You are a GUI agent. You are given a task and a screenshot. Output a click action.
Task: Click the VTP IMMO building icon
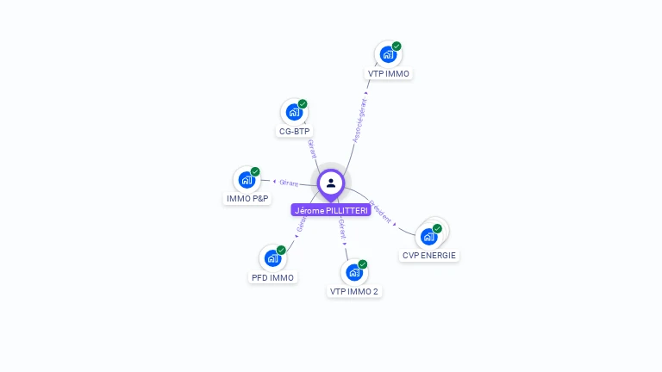(388, 54)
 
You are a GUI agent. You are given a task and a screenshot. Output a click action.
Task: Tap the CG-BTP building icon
(294, 112)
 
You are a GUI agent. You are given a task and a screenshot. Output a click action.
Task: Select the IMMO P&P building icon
(247, 179)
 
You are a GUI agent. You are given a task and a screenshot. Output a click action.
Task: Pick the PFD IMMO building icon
(272, 257)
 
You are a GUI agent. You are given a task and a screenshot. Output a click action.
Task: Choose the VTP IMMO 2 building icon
(353, 272)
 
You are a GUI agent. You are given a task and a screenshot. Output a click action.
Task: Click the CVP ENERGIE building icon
(428, 236)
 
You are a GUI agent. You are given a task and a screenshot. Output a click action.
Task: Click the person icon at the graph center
(331, 183)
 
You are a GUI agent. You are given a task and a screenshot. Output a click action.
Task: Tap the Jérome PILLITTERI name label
(331, 210)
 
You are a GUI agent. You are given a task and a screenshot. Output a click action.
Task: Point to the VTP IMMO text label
(389, 74)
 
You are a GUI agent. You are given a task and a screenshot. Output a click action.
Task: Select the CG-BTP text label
(294, 132)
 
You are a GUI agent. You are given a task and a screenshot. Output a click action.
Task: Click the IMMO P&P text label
(247, 199)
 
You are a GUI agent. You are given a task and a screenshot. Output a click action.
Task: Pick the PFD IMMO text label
(272, 277)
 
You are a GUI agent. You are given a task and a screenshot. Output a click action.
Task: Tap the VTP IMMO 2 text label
(353, 292)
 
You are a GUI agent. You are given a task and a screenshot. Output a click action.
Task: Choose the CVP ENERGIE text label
(429, 256)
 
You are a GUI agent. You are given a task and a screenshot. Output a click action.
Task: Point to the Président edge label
(380, 213)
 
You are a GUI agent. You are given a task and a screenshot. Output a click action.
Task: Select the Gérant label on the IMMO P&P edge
(289, 183)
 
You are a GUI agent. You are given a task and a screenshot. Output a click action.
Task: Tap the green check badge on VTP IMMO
(397, 46)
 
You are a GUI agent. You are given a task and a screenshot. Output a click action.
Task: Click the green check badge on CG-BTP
(303, 103)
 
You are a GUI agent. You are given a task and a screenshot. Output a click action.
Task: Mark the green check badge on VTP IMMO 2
(362, 263)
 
